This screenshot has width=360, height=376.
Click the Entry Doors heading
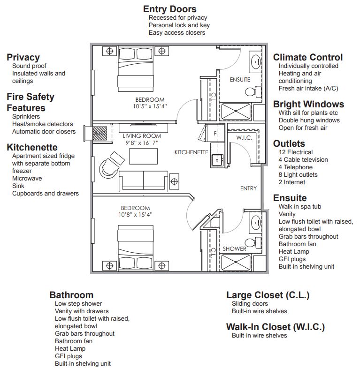pyautogui.click(x=169, y=9)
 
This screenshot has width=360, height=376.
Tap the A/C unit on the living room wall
pyautogui.click(x=100, y=133)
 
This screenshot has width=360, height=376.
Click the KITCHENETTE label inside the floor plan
pyautogui.click(x=191, y=152)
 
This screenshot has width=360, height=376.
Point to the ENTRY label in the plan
pyautogui.click(x=248, y=188)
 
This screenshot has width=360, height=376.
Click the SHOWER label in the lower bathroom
pyautogui.click(x=234, y=248)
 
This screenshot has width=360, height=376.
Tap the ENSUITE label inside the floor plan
pyautogui.click(x=240, y=80)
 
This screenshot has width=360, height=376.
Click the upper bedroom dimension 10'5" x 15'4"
pyautogui.click(x=150, y=106)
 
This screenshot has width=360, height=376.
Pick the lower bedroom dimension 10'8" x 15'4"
pyautogui.click(x=135, y=215)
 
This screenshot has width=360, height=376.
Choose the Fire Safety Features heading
pyautogui.click(x=31, y=102)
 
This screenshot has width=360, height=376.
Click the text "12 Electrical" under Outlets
pyautogui.click(x=295, y=152)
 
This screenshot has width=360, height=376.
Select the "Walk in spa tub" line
pyautogui.click(x=300, y=206)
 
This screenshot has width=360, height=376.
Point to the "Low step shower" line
pyautogui.click(x=78, y=303)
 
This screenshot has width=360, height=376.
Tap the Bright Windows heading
pyautogui.click(x=308, y=104)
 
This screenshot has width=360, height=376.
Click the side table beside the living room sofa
pyautogui.click(x=174, y=180)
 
